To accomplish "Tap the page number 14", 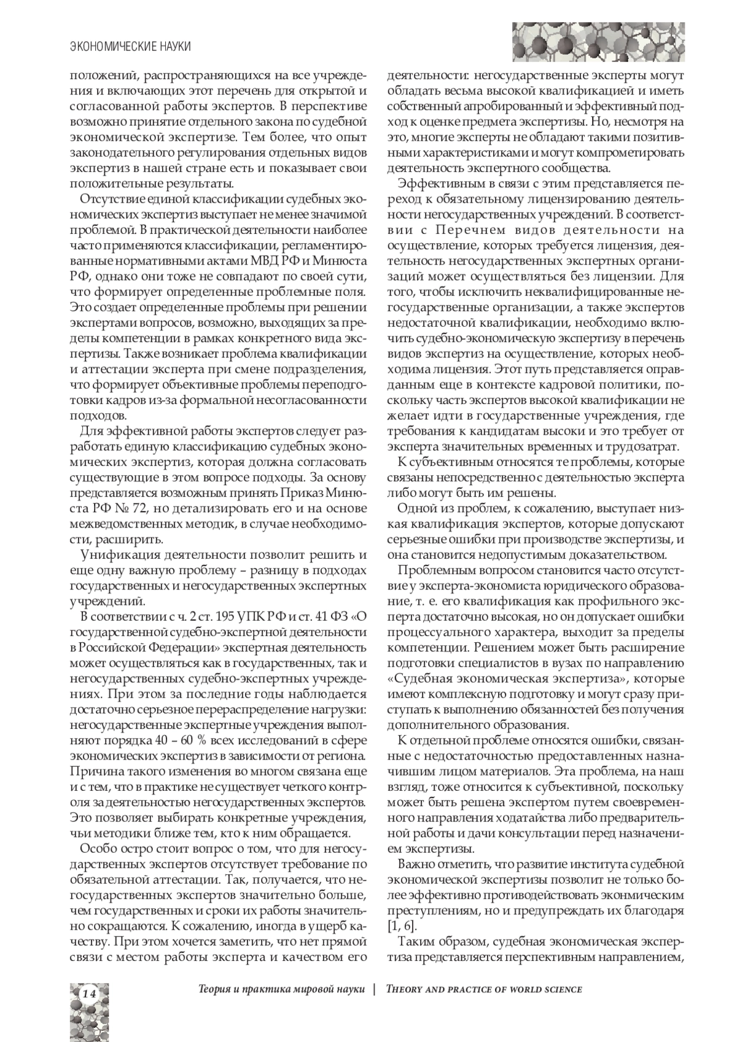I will (x=88, y=993).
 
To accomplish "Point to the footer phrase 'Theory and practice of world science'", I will (x=483, y=989).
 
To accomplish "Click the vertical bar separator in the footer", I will (x=374, y=989).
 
